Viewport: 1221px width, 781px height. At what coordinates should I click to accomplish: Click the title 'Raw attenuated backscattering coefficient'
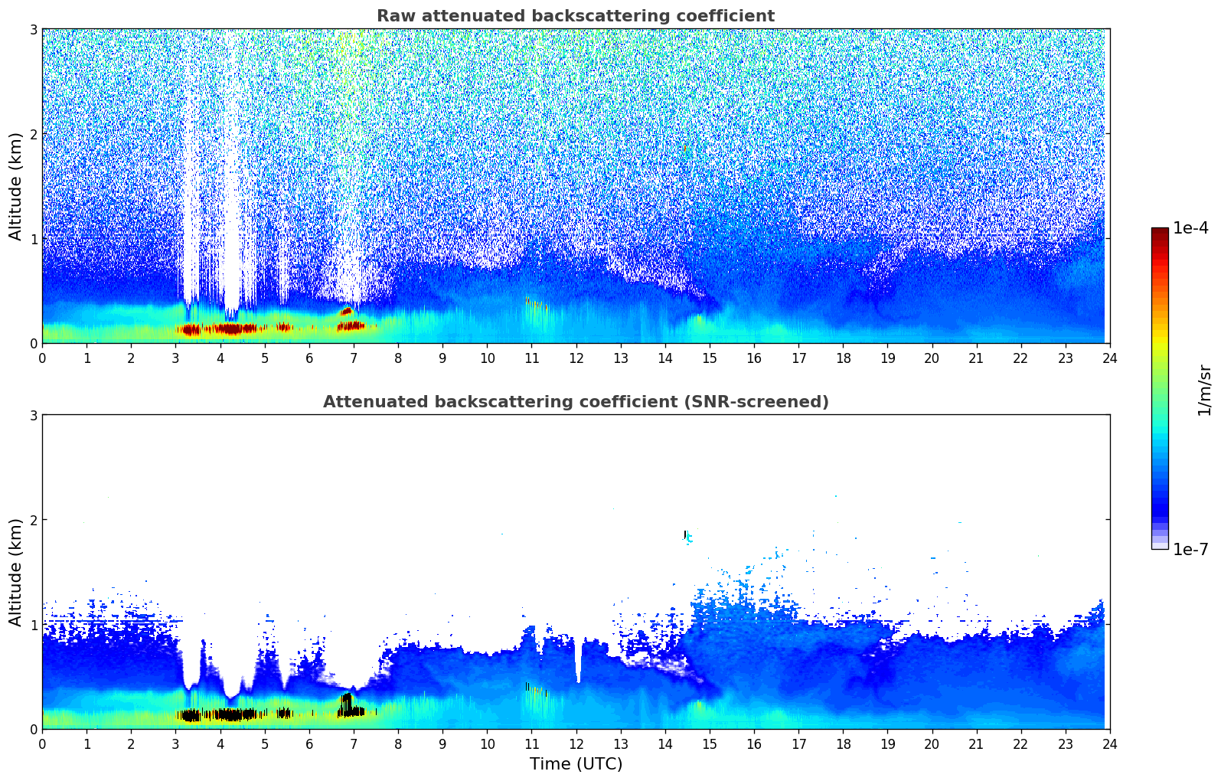[575, 16]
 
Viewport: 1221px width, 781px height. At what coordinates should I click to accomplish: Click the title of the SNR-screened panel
[575, 402]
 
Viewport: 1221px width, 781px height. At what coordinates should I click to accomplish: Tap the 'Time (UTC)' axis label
[576, 763]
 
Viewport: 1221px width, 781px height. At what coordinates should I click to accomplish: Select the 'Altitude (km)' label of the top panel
[16, 186]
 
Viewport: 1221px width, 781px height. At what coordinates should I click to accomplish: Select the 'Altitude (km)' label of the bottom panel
[16, 572]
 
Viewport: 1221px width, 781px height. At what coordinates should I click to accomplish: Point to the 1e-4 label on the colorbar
[1190, 228]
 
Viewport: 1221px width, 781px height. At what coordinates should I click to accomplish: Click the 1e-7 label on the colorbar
[1190, 549]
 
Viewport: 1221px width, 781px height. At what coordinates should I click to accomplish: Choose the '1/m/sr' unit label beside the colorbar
[1204, 390]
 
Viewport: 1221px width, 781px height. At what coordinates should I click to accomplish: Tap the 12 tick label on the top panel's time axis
[576, 358]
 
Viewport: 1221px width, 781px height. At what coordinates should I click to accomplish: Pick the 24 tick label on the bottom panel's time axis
[1109, 743]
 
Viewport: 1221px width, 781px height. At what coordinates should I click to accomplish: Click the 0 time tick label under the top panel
[42, 358]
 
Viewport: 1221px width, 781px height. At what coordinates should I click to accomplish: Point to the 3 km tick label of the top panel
[33, 29]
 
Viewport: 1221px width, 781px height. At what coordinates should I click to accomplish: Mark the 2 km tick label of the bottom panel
[33, 520]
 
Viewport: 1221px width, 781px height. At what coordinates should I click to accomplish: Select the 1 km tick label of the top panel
[33, 239]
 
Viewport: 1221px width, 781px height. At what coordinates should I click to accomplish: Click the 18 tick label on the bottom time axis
[843, 743]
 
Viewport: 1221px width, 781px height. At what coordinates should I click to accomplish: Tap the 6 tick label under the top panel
[309, 358]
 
